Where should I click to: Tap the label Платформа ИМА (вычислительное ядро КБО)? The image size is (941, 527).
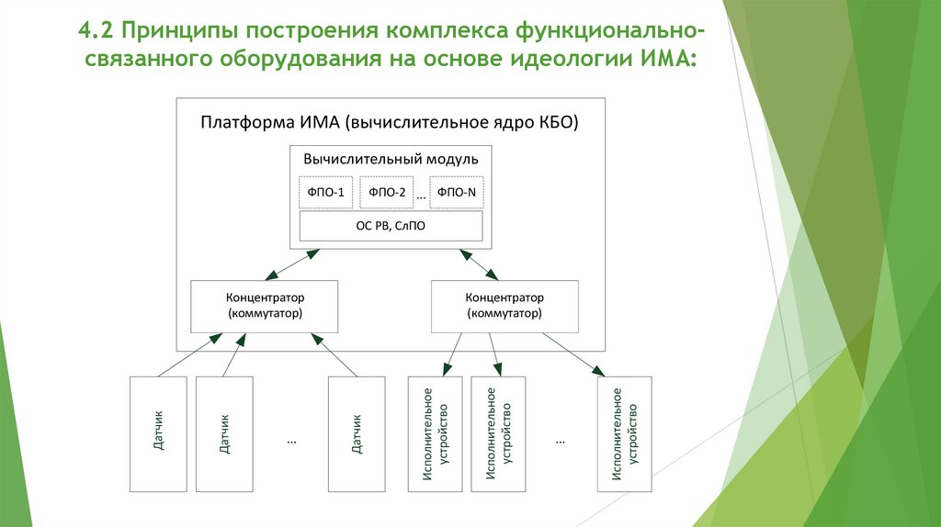(x=390, y=123)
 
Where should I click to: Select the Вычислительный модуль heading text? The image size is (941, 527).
(x=391, y=159)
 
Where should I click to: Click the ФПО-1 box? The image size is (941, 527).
(x=325, y=192)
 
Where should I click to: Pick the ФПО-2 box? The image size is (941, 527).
(x=387, y=192)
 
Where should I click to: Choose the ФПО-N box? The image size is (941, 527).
(x=457, y=192)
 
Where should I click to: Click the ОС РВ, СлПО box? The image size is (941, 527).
(x=391, y=225)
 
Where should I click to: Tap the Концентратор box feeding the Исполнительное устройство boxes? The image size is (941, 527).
(x=505, y=306)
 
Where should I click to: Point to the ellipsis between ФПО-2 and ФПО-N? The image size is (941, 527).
(x=421, y=196)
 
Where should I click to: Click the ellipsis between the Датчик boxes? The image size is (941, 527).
(x=290, y=440)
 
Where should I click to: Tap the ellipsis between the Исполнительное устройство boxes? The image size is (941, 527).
(x=560, y=440)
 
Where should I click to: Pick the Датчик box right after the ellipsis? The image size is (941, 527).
(x=356, y=432)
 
